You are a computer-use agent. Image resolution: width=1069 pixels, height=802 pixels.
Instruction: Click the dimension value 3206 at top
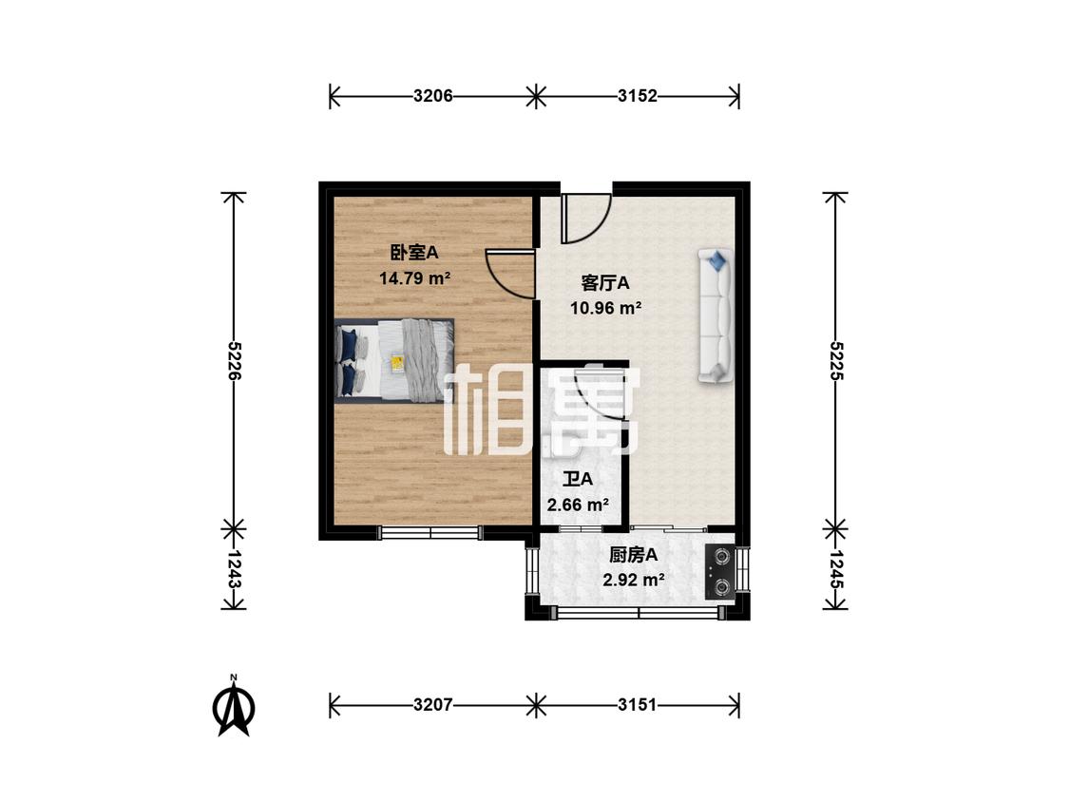[x=432, y=96]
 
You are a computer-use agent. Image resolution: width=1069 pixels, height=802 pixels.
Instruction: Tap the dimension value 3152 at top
[x=638, y=96]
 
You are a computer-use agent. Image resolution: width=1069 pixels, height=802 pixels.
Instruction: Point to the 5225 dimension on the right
[x=836, y=360]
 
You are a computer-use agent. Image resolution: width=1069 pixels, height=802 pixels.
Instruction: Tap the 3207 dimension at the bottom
[x=432, y=705]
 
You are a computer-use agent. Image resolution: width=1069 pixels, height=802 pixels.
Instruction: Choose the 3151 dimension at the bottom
[x=638, y=705]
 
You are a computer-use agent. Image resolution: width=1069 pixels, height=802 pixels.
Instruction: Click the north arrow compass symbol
[x=234, y=708]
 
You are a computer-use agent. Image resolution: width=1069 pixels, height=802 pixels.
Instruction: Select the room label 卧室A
[x=413, y=253]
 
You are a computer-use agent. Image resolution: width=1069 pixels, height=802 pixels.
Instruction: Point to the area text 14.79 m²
[x=413, y=278]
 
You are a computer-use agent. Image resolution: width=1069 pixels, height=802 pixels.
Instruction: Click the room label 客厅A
[x=605, y=282]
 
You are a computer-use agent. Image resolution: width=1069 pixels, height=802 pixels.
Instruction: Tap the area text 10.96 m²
[x=605, y=307]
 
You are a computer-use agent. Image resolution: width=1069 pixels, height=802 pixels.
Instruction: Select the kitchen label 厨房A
[x=634, y=556]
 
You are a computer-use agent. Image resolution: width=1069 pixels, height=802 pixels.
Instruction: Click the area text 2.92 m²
[x=634, y=580]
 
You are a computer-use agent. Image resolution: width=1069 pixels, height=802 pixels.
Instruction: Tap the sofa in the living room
[x=716, y=316]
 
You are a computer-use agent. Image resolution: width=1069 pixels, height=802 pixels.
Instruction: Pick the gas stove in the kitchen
[x=720, y=571]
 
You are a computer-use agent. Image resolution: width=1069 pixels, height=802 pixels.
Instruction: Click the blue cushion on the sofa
[x=716, y=258]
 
